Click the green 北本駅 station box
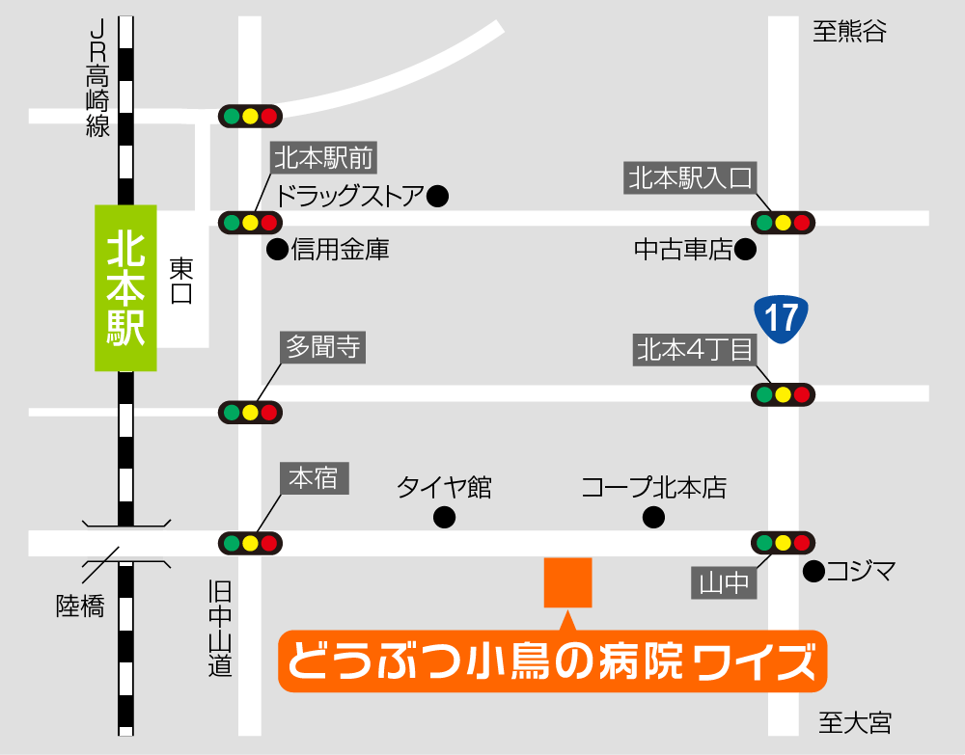tap(125, 287)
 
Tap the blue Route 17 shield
tap(780, 318)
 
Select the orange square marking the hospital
tap(567, 582)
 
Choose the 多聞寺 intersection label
tap(322, 347)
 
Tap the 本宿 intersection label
tap(314, 477)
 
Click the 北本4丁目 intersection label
tap(694, 349)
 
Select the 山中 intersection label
tap(724, 581)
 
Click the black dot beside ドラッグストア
tap(437, 197)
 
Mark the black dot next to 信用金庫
tap(277, 251)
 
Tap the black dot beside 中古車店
tap(745, 251)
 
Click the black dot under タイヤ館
tap(444, 518)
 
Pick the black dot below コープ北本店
tap(654, 518)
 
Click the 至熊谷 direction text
tap(848, 32)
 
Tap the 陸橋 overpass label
tap(80, 606)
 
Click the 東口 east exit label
tap(181, 281)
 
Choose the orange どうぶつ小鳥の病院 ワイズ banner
tap(553, 662)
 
